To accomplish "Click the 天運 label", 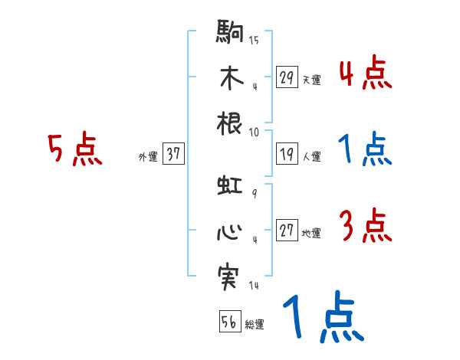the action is [311, 80].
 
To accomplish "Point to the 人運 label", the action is [311, 156].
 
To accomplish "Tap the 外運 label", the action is [148, 156].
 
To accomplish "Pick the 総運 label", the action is [254, 324].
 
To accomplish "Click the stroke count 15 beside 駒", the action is [254, 40].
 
